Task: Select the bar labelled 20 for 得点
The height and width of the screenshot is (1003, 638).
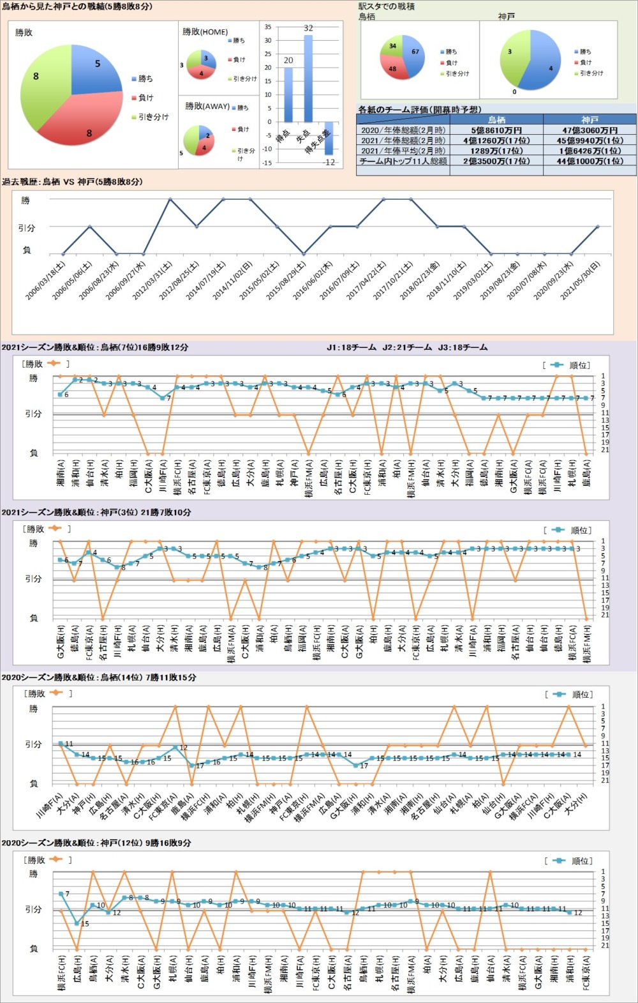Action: [288, 94]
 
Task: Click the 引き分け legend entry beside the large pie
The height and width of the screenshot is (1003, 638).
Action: [153, 117]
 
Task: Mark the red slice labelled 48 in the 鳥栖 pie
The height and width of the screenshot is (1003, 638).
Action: [394, 68]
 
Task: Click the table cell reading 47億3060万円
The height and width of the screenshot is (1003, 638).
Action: [590, 130]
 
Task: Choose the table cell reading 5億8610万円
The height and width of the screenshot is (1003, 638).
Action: [496, 130]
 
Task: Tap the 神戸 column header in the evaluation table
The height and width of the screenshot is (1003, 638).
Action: [590, 119]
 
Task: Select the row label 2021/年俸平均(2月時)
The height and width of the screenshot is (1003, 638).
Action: [403, 151]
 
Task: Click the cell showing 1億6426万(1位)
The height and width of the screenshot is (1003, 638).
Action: [590, 151]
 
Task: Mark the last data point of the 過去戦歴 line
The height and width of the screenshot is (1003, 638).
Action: [597, 226]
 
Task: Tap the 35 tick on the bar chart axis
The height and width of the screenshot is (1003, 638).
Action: [268, 27]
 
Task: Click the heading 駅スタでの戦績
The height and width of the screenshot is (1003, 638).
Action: [387, 6]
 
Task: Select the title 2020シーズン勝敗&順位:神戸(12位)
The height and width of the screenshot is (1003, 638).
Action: [96, 843]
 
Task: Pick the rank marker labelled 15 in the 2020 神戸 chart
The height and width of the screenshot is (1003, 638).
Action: [77, 923]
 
